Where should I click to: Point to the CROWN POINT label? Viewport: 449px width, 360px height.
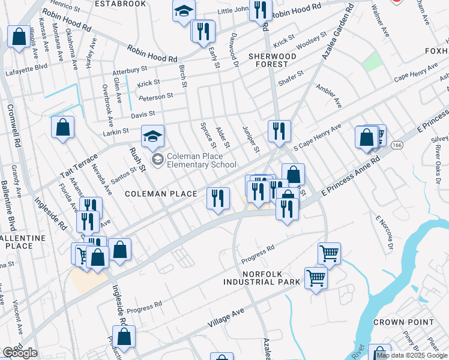pyautogui.click(x=403, y=322)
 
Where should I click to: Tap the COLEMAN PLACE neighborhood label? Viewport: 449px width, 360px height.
pyautogui.click(x=161, y=194)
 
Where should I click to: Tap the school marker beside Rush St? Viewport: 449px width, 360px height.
pyautogui.click(x=152, y=136)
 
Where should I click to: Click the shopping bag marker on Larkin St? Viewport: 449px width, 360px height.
pyautogui.click(x=62, y=127)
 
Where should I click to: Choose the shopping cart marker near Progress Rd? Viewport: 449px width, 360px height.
pyautogui.click(x=329, y=253)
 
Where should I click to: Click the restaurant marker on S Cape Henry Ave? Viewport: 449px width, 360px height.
pyautogui.click(x=279, y=130)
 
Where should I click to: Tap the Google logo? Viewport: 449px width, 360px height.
pyautogui.click(x=20, y=353)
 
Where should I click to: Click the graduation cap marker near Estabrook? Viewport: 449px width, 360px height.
pyautogui.click(x=184, y=10)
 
